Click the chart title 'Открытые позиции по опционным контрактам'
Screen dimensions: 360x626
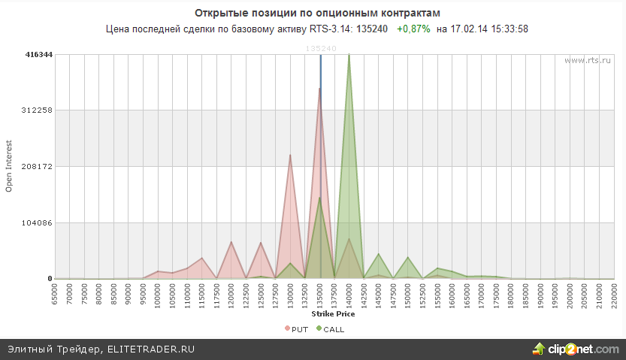pyautogui.click(x=313, y=14)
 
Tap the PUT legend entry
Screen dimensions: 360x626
pyautogui.click(x=296, y=329)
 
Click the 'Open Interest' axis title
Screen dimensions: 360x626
pyautogui.click(x=10, y=166)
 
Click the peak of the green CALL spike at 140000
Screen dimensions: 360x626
pyautogui.click(x=349, y=55)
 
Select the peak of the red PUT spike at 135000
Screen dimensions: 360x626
pyautogui.click(x=320, y=89)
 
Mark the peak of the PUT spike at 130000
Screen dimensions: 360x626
pyautogui.click(x=291, y=155)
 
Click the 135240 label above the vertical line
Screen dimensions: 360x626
pyautogui.click(x=321, y=48)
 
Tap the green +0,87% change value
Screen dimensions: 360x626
pyautogui.click(x=413, y=29)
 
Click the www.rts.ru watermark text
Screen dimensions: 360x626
pyautogui.click(x=585, y=60)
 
